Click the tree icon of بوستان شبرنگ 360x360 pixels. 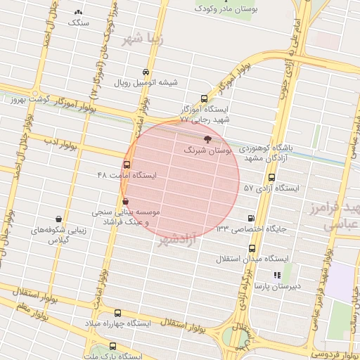(x=206, y=140)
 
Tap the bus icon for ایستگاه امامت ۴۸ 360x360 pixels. (x=127, y=165)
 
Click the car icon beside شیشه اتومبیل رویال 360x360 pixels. (x=146, y=72)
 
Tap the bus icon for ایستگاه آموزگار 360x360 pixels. (x=204, y=99)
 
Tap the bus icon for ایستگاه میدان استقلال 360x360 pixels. (x=252, y=248)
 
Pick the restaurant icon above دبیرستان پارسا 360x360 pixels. (x=277, y=275)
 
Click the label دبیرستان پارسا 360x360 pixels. (x=277, y=288)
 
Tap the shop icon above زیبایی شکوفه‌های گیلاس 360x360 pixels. (x=58, y=219)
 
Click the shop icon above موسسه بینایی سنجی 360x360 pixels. (x=125, y=202)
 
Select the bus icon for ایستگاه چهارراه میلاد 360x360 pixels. (x=117, y=313)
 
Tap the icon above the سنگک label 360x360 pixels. (x=78, y=13)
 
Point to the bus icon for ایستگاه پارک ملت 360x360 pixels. (x=113, y=347)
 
